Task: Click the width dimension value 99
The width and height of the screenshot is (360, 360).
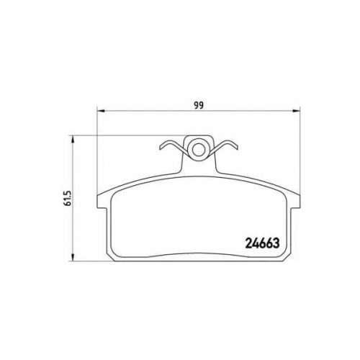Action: coord(199,105)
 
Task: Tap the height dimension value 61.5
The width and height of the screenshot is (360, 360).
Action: coord(68,198)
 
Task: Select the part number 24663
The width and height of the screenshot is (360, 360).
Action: coord(262,243)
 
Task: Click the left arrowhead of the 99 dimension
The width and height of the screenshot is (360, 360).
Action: coord(101,111)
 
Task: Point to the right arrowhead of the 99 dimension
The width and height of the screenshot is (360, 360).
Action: coord(296,111)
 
